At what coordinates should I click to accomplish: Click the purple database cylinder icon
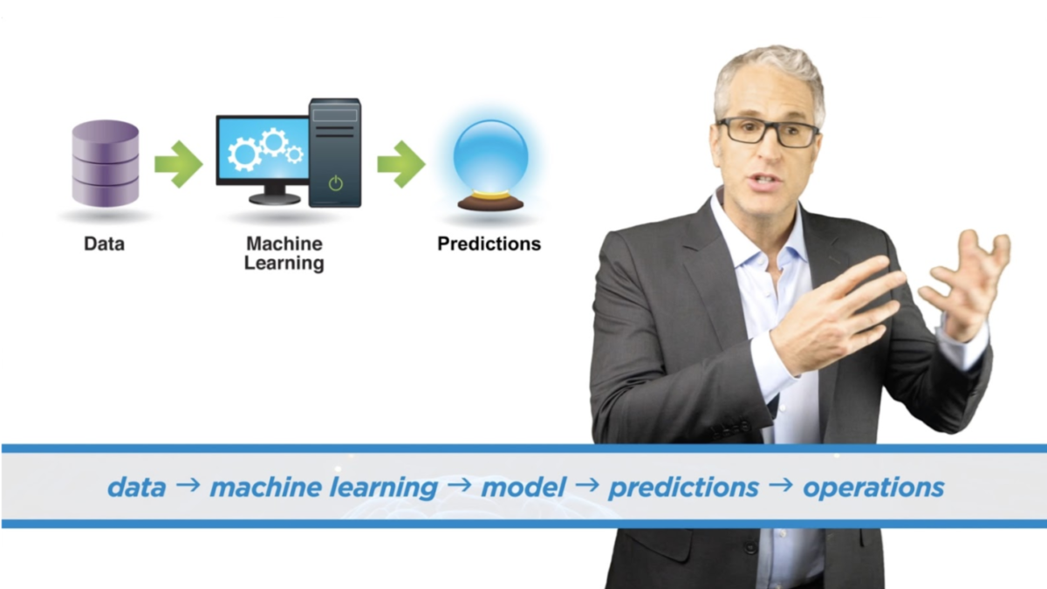[x=106, y=164]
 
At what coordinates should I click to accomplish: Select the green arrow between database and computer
[x=179, y=164]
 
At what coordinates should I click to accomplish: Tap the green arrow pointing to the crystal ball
[x=401, y=164]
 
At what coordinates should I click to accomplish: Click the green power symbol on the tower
[x=336, y=183]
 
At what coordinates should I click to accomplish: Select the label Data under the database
[x=104, y=244]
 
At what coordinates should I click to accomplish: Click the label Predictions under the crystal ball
[x=489, y=244]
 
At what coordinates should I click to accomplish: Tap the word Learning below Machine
[x=284, y=264]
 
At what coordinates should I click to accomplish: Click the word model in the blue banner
[x=523, y=487]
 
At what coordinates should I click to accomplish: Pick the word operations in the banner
[x=873, y=488]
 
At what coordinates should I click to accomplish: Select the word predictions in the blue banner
[x=683, y=488]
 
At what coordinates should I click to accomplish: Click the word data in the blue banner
[x=136, y=487]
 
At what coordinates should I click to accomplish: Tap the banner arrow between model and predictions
[x=587, y=485]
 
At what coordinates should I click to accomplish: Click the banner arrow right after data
[x=188, y=485]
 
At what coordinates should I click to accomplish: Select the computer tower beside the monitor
[x=335, y=153]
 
